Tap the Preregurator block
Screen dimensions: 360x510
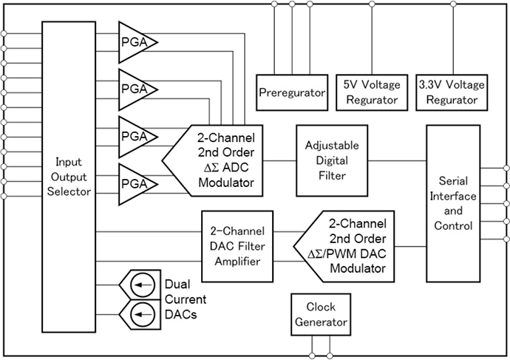pos(292,92)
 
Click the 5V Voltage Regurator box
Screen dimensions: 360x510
pos(372,92)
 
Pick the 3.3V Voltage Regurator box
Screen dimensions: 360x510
pos(451,92)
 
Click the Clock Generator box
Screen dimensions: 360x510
pos(320,314)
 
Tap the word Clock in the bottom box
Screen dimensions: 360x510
pos(320,307)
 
